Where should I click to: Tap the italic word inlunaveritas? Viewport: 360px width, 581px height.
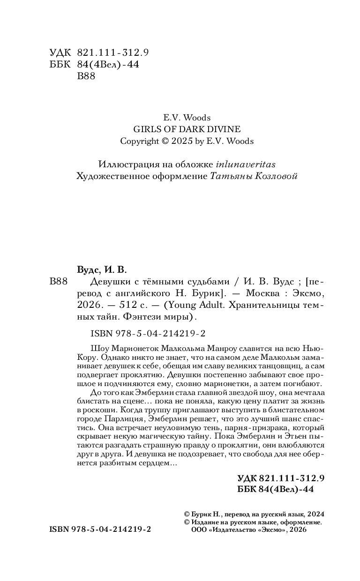(246, 164)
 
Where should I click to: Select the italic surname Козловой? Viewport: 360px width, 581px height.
(274, 176)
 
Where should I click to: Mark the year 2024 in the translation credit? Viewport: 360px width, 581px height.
(316, 514)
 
